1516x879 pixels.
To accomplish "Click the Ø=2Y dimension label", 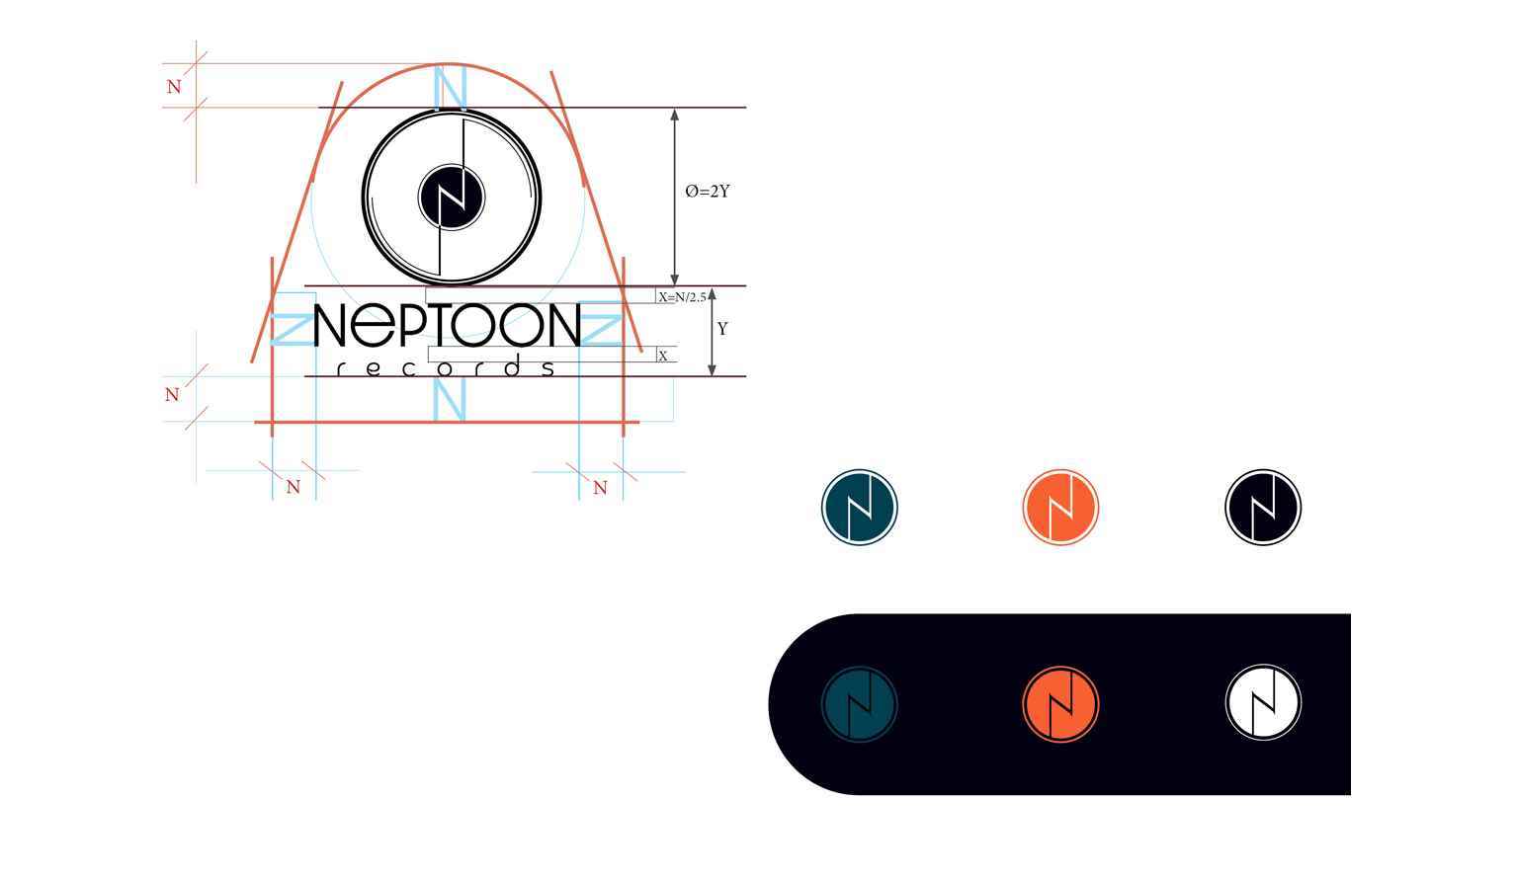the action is (708, 192).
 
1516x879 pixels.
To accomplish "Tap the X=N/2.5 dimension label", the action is (682, 297).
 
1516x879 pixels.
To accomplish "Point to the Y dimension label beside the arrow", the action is (722, 329).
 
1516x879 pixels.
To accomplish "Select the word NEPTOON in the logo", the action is (448, 325).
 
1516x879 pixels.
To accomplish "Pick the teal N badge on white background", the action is (860, 507).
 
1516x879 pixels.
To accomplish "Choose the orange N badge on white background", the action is (1060, 507).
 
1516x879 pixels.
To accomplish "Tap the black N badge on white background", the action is (1263, 507).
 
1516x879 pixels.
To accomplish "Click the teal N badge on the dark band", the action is (860, 704).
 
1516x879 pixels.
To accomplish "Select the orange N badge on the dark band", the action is (1060, 704).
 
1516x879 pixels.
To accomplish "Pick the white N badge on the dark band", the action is (1263, 702).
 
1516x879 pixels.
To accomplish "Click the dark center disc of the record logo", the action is (451, 197).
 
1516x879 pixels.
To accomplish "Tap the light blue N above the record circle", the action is (450, 87).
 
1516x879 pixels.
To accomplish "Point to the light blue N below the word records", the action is (450, 399).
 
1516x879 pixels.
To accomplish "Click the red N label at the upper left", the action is (174, 87).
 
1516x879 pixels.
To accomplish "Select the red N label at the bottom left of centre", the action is (294, 487).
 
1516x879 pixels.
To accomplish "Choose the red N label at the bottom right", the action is (600, 488).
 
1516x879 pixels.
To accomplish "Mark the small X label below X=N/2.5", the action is (663, 356).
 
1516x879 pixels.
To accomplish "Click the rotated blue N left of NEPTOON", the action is (293, 329).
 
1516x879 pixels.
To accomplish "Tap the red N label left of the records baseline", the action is (173, 395).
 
